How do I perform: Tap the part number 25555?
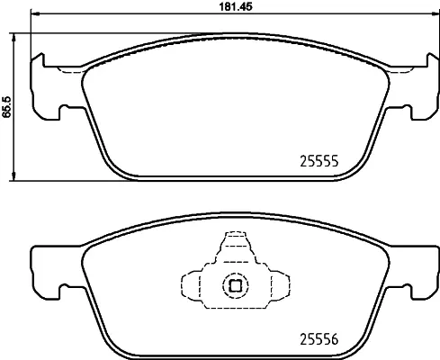point(318,162)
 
